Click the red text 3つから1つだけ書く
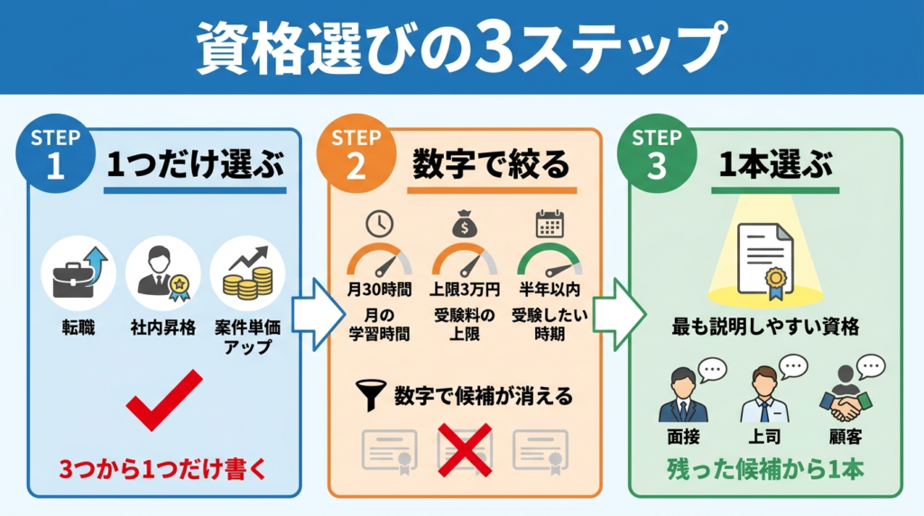[x=163, y=469]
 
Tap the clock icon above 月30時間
[x=378, y=223]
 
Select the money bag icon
[x=464, y=223]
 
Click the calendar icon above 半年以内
[x=549, y=223]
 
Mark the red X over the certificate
[x=465, y=449]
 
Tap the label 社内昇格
[x=163, y=326]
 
